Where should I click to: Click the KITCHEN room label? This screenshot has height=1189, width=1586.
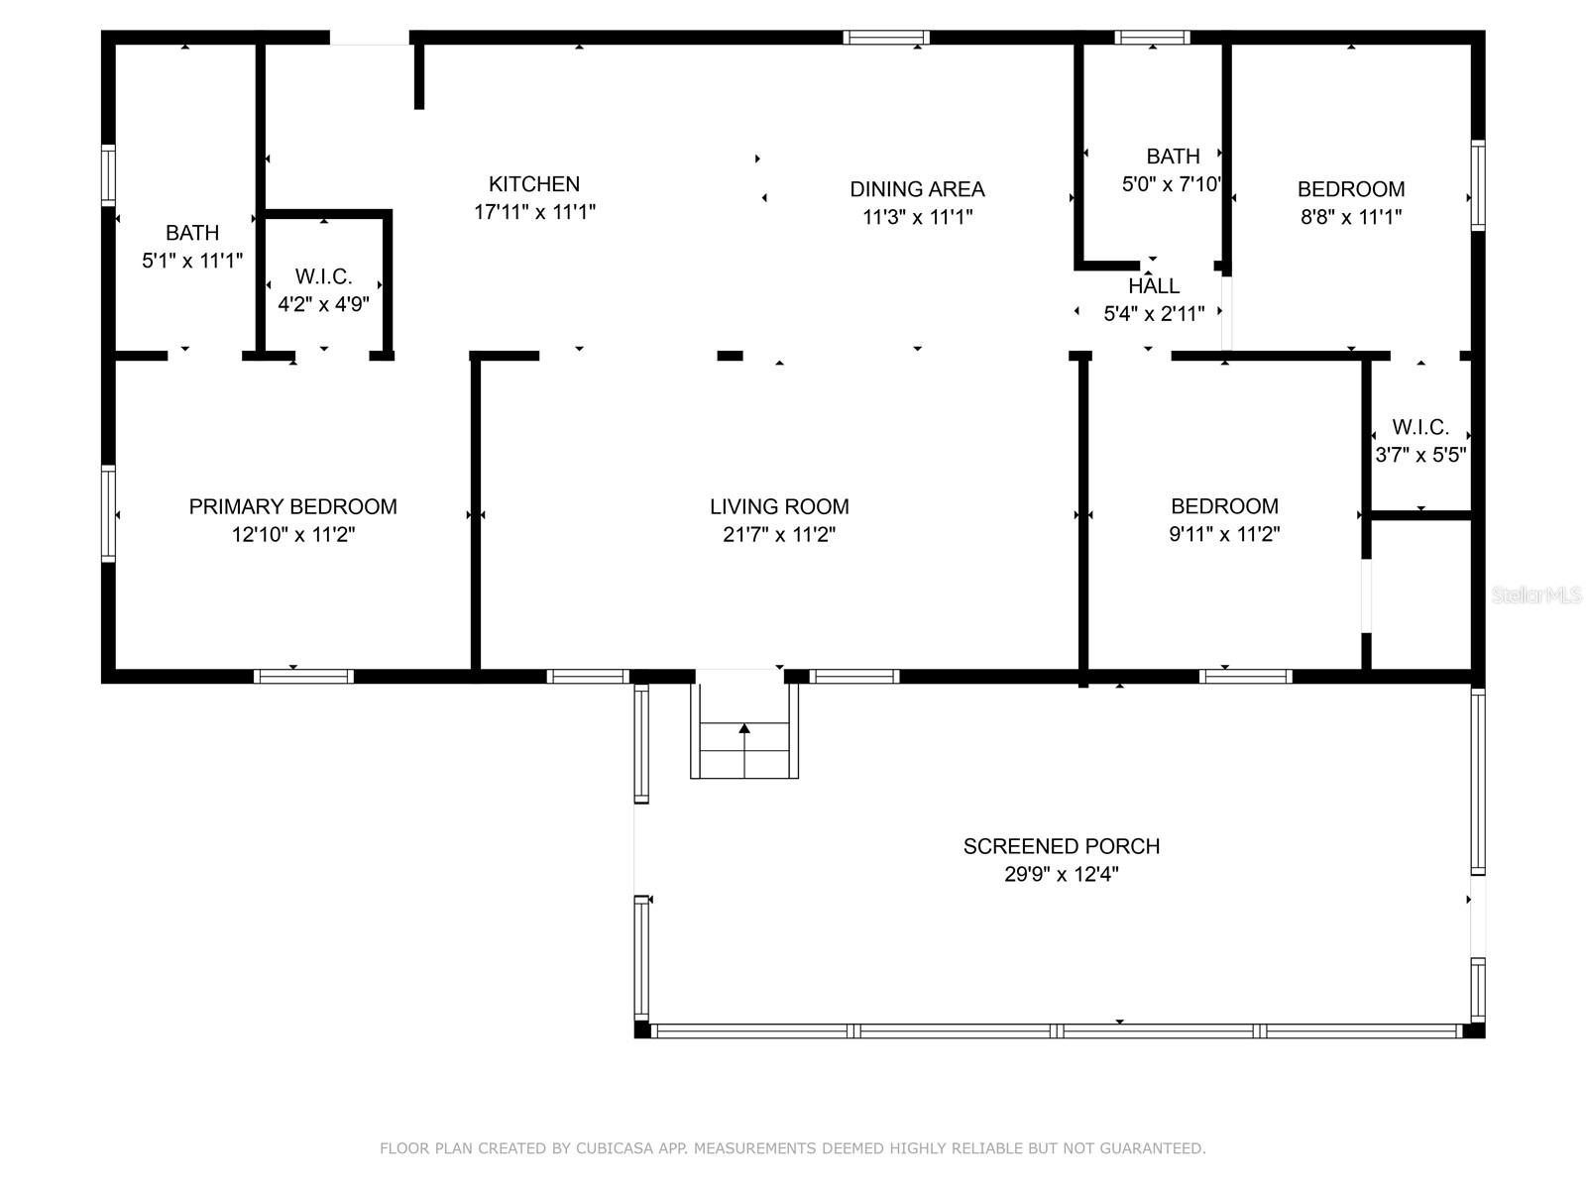(534, 184)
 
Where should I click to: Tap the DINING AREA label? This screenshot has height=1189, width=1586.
(917, 189)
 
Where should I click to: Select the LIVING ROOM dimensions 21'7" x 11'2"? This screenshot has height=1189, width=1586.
(779, 534)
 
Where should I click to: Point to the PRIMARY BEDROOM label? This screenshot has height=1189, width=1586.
(292, 506)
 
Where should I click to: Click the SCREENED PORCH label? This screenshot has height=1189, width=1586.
(1061, 846)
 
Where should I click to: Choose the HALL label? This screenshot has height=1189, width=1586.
(1153, 286)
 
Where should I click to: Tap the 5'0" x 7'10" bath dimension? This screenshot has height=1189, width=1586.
(1172, 184)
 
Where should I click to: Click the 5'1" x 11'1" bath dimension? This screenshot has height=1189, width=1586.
(192, 260)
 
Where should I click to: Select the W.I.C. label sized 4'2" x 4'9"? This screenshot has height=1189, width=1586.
(324, 276)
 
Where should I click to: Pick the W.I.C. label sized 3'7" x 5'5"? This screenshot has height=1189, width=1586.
(1420, 427)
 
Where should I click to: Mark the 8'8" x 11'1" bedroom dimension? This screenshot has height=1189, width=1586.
(1350, 217)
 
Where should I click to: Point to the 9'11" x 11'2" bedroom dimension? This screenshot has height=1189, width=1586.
(1224, 534)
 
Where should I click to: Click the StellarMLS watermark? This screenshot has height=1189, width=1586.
(1536, 594)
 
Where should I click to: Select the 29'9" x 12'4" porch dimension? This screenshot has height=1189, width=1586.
(1061, 874)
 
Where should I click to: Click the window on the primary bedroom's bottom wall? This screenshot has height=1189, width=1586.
(303, 677)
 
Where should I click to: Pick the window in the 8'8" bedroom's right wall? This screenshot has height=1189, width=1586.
(1478, 185)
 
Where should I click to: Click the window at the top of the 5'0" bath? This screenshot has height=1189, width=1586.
(1152, 38)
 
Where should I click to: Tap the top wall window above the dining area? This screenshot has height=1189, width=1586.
(886, 38)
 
